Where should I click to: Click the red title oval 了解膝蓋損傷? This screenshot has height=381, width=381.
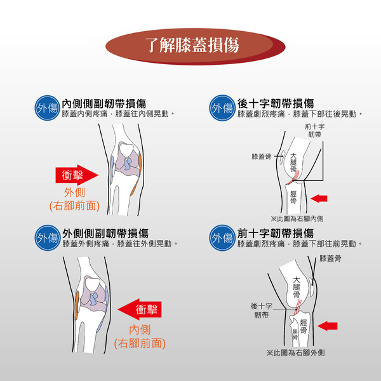[x=195, y=46]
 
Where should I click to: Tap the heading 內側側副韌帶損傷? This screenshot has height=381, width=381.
[x=104, y=104]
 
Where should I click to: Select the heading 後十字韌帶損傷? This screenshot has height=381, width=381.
[x=276, y=104]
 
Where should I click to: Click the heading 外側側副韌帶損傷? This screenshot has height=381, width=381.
[x=105, y=234]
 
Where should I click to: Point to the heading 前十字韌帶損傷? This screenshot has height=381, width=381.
[x=276, y=234]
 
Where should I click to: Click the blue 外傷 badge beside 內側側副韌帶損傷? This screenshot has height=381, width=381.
[x=47, y=108]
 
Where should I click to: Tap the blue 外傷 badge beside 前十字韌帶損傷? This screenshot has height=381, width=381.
[x=222, y=238]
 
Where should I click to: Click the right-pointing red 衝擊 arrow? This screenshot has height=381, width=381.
[x=77, y=175]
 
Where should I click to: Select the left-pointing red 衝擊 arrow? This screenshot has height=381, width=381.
[x=140, y=309]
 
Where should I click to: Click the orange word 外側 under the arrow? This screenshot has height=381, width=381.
[x=74, y=192]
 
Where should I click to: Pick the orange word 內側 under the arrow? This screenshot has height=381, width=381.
[x=140, y=330]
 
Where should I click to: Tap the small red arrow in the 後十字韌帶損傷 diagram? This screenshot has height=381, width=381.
[x=319, y=198]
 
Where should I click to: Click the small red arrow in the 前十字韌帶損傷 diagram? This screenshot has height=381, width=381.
[x=327, y=326]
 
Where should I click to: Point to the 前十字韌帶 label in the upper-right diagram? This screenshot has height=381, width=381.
[x=314, y=130]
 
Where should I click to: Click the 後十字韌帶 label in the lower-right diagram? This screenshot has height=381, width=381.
[x=262, y=311]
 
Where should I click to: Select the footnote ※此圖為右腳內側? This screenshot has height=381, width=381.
[x=297, y=218]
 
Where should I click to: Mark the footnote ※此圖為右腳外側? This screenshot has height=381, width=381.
[x=295, y=352]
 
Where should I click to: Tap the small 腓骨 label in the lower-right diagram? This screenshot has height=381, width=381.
[x=295, y=335]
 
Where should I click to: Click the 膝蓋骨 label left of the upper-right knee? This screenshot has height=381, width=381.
[x=262, y=156]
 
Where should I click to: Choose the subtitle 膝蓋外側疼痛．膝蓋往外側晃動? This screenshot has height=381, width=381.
[x=120, y=244]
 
